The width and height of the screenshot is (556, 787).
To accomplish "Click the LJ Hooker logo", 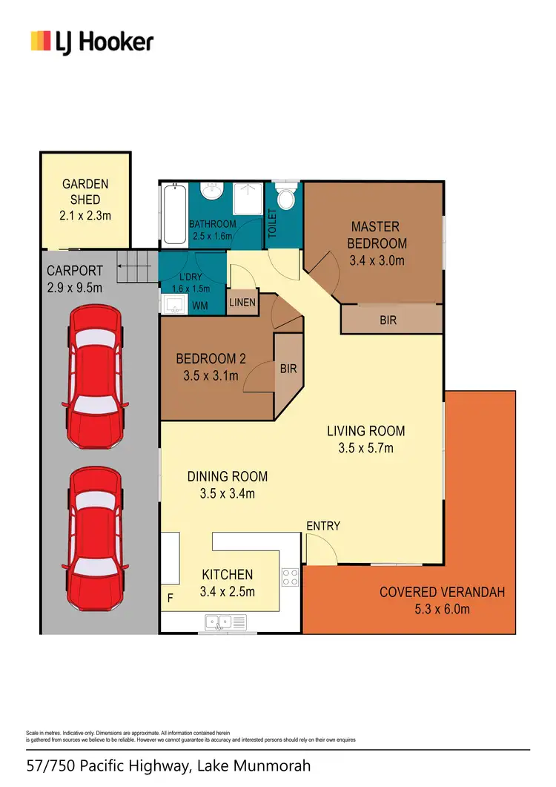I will [x=91, y=42].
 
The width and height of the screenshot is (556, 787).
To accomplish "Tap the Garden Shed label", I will [x=85, y=191].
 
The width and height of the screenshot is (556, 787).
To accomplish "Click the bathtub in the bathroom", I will [x=174, y=214].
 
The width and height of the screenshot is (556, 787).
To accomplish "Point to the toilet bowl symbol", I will [x=285, y=197].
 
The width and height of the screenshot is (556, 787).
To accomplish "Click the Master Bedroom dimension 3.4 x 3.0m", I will [x=377, y=260].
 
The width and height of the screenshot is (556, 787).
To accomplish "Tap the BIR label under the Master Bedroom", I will [x=388, y=320].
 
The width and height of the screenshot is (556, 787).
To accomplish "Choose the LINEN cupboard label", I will [x=243, y=303].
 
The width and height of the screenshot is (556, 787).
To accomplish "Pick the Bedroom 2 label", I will [x=211, y=359].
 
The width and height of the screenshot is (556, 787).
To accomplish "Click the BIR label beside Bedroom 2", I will [x=288, y=367].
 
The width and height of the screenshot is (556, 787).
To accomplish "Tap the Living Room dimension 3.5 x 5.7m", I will [x=365, y=448].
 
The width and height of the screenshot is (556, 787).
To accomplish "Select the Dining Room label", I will [x=227, y=476].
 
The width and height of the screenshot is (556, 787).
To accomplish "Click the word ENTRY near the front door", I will [x=323, y=526].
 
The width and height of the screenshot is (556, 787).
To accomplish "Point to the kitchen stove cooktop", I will [x=290, y=576].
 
